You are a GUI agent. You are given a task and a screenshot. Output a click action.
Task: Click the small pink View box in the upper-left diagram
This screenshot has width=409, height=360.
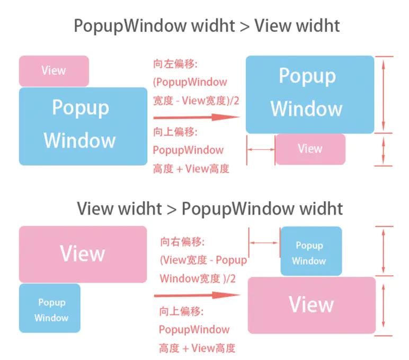click(54, 71)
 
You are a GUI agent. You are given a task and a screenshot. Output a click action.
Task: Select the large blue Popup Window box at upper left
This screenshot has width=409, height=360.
click(83, 126)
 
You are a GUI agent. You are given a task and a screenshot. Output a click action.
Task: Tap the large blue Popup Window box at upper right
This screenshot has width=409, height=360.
click(310, 94)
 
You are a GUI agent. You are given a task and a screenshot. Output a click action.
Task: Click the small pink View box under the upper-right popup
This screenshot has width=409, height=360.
click(310, 149)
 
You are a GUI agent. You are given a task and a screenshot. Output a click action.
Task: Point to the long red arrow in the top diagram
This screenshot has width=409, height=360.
click(193, 117)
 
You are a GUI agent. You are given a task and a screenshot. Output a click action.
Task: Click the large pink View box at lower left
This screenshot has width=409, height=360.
click(83, 254)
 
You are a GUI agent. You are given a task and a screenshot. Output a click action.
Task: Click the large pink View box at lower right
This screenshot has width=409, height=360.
click(312, 305)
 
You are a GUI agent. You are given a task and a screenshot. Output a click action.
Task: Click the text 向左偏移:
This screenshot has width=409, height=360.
click(175, 64)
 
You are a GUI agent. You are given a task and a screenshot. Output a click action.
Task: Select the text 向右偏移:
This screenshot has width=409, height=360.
click(182, 242)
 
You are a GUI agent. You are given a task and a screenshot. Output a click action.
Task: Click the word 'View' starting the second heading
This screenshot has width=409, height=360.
click(95, 208)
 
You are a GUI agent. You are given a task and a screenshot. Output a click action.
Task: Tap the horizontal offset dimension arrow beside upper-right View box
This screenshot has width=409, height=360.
click(261, 150)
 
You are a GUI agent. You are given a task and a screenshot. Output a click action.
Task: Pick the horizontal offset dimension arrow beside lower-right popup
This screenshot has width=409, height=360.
click(264, 242)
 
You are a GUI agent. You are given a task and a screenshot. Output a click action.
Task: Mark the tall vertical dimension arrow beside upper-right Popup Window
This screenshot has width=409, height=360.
click(384, 94)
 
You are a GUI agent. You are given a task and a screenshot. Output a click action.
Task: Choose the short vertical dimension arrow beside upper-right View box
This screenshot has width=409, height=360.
click(384, 149)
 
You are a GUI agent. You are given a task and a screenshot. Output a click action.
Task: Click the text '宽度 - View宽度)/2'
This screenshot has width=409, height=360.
click(196, 100)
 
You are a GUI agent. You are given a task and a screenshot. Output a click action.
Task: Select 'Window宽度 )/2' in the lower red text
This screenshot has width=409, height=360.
click(198, 278)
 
